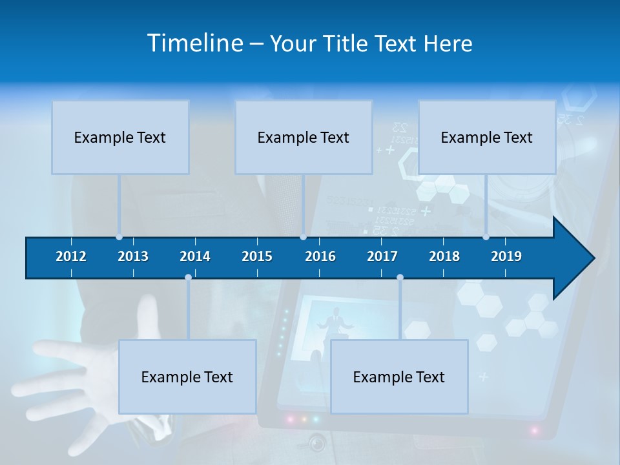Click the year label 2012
pos(71,256)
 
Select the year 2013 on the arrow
pos(133,256)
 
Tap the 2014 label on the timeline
pos(195,256)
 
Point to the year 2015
pos(257,256)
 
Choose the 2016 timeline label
pos(320,256)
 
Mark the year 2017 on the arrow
pos(382,256)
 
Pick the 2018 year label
pos(444,256)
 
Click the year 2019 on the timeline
pos(506,256)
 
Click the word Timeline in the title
pos(195,43)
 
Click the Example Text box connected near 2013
pos(120,138)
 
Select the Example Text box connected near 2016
pos(304,138)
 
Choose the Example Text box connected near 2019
pos(487,138)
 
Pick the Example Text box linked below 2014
pos(187,377)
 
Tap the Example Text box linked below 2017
pos(399,377)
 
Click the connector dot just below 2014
pos(188,278)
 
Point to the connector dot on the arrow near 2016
pos(304,237)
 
